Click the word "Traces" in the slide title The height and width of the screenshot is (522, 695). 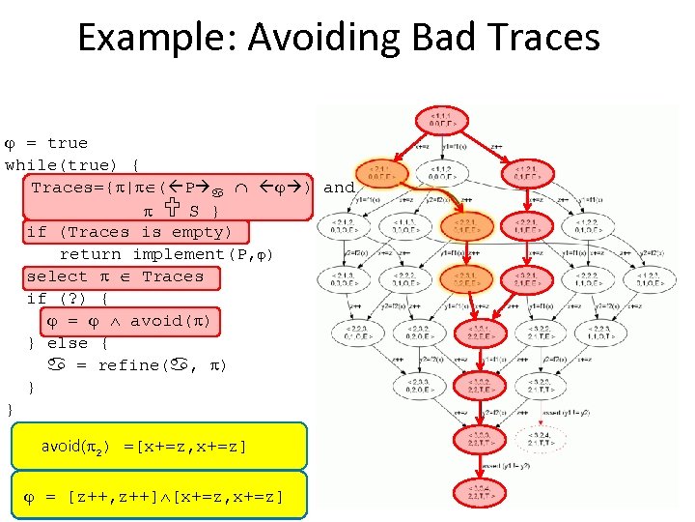pyautogui.click(x=545, y=39)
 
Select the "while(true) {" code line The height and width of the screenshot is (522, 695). pyautogui.click(x=73, y=164)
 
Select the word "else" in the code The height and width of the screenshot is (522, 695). pyautogui.click(x=68, y=343)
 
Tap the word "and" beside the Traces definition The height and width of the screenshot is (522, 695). pyautogui.click(x=339, y=188)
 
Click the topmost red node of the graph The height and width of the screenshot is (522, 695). pyautogui.click(x=439, y=121)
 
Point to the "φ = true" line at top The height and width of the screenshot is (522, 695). pyautogui.click(x=48, y=143)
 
